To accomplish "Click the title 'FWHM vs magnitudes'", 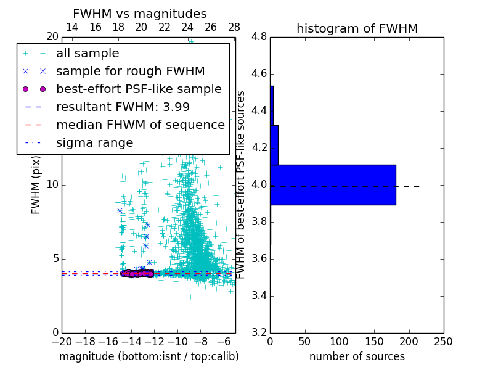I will tap(140, 14).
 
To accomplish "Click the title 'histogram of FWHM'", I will tap(357, 28).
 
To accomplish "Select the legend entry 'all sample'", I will tap(88, 54).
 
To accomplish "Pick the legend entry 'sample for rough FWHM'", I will tap(130, 71).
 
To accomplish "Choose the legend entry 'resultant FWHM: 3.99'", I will tap(123, 107).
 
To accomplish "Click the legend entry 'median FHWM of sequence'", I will tap(140, 125).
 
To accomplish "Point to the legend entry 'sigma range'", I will tap(94, 142).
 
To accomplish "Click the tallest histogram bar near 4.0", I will tap(333, 184).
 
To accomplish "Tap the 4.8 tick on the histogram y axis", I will tap(259, 37).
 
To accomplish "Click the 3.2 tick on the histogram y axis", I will tap(259, 332).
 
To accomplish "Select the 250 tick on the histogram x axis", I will tap(443, 342).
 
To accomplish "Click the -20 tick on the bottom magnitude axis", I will tap(62, 342).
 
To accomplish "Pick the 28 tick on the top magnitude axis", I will tap(234, 27).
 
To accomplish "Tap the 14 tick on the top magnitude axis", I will tap(72, 27).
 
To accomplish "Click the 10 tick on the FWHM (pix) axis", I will tap(52, 185).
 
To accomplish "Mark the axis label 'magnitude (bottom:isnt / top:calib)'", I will tap(149, 356).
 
